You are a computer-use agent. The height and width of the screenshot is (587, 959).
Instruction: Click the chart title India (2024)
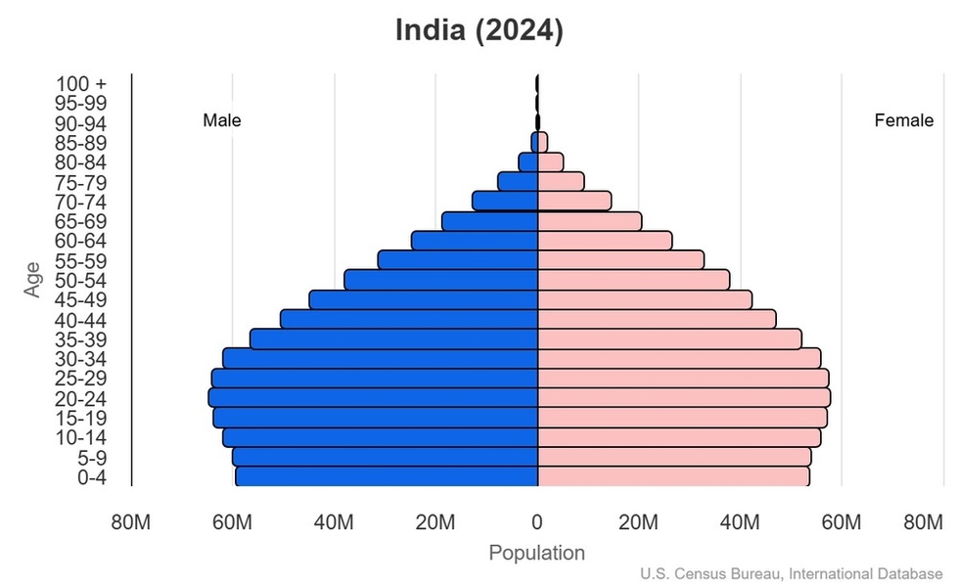click(479, 30)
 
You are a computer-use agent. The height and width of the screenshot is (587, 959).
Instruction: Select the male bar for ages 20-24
click(373, 398)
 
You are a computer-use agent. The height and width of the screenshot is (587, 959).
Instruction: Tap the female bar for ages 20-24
click(684, 398)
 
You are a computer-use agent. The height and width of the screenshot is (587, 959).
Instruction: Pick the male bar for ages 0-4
click(387, 476)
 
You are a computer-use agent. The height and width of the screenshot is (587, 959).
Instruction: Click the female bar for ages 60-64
click(605, 241)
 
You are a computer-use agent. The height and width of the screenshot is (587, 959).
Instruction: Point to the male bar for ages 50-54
click(441, 280)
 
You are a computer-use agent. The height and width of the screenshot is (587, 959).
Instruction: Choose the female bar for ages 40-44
click(657, 320)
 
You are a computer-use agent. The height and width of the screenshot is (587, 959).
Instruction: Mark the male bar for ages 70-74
click(505, 201)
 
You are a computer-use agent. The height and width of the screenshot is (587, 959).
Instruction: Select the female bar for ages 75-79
click(561, 182)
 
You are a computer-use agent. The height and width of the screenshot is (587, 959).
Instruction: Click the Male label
click(222, 121)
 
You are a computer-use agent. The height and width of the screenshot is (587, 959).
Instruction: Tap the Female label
click(903, 121)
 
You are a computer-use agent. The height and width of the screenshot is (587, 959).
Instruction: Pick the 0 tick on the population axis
click(537, 522)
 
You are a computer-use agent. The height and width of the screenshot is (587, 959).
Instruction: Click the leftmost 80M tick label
click(131, 522)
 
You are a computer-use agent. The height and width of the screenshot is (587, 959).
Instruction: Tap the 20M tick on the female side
click(638, 522)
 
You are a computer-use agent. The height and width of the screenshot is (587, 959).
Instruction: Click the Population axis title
click(536, 553)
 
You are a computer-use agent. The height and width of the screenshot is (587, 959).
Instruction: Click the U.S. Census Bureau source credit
click(794, 573)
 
